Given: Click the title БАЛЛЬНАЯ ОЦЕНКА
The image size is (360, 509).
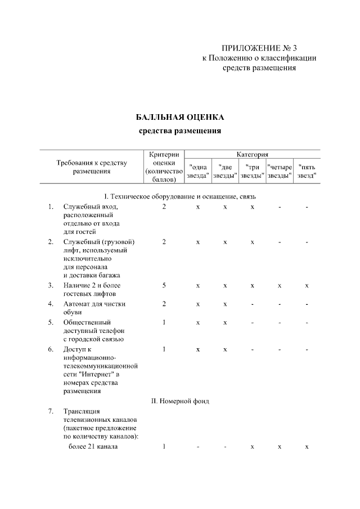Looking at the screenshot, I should (x=180, y=118).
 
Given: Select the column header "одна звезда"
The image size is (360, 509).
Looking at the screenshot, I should (x=197, y=171).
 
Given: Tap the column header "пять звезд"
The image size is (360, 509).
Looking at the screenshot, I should (x=307, y=171).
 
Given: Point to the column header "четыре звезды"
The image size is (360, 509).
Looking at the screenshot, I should (x=280, y=171).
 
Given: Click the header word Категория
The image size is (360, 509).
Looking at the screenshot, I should (x=252, y=154).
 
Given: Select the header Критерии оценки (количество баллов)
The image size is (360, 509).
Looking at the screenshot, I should (x=164, y=166).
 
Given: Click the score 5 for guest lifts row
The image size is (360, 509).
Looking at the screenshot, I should (x=164, y=286).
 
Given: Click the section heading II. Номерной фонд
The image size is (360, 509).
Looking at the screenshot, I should (x=180, y=401).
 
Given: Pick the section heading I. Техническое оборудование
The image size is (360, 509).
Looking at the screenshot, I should (x=180, y=196).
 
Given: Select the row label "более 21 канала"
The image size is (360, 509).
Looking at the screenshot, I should (x=89, y=447).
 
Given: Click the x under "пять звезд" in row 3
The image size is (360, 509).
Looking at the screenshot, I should (x=307, y=286).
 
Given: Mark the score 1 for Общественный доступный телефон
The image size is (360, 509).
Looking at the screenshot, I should (x=164, y=323).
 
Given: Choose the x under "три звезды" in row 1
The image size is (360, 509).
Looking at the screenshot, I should (x=252, y=207).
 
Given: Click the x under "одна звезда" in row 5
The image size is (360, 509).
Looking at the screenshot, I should (x=197, y=323).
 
